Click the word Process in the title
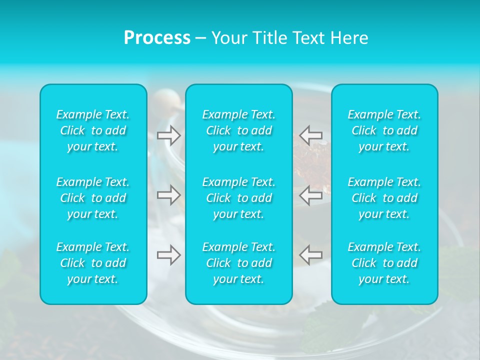157,38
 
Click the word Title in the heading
268,38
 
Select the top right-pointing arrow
169,135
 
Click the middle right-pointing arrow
169,195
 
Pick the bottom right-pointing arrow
169,255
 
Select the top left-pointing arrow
310,135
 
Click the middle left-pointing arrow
310,195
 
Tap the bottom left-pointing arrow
310,255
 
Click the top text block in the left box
93,130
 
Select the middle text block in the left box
93,198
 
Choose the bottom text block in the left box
93,263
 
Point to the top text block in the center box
239,130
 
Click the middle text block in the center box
239,198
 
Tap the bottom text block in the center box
239,263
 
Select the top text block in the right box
384,130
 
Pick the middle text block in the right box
384,198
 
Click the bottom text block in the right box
384,263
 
